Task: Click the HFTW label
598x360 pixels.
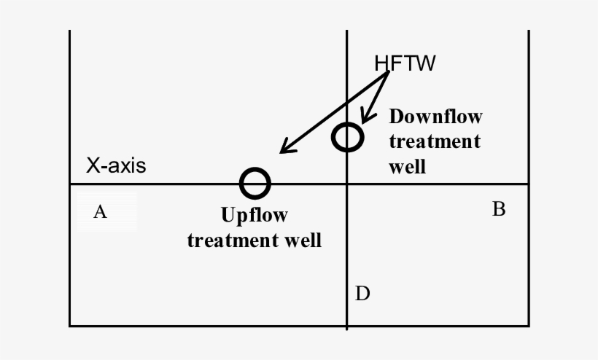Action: [405, 64]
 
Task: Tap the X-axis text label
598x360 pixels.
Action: [116, 166]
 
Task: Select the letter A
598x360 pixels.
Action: [101, 212]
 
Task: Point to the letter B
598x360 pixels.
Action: [499, 210]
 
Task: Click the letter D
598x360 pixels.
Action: [362, 294]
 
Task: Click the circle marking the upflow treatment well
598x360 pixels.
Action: [255, 183]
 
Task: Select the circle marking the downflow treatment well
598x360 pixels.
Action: [347, 137]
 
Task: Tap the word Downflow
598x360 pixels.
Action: [435, 117]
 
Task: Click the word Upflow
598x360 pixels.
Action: [254, 216]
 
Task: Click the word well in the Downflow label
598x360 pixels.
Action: [407, 166]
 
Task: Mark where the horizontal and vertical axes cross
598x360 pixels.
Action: [346, 184]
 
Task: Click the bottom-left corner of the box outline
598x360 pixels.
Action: [69, 325]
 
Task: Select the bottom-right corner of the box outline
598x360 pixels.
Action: [528, 325]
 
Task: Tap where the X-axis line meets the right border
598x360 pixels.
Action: [528, 184]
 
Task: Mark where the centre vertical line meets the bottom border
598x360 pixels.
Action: [346, 325]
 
